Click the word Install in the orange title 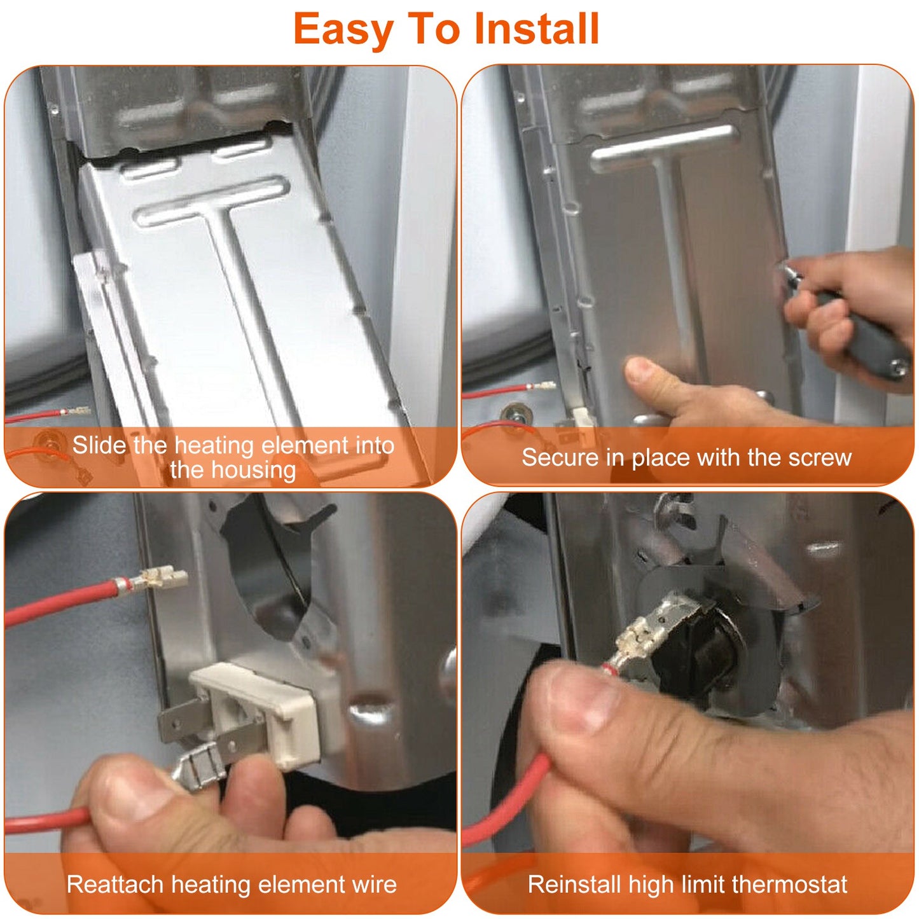tap(537, 29)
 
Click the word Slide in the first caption tap(99, 445)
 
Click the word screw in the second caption tap(820, 459)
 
